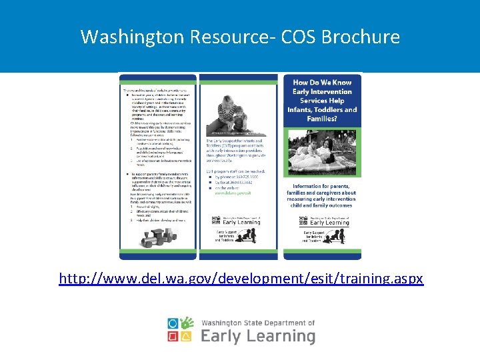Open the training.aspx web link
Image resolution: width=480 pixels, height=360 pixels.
click(241, 278)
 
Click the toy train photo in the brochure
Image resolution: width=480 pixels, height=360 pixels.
click(157, 236)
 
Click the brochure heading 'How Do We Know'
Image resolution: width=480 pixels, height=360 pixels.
click(322, 83)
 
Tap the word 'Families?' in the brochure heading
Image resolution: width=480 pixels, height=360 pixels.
click(323, 119)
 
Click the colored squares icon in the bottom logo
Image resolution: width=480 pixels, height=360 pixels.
click(181, 330)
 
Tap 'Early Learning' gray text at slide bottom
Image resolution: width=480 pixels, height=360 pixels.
click(257, 335)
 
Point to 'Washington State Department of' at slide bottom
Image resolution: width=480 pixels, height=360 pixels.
click(257, 322)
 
